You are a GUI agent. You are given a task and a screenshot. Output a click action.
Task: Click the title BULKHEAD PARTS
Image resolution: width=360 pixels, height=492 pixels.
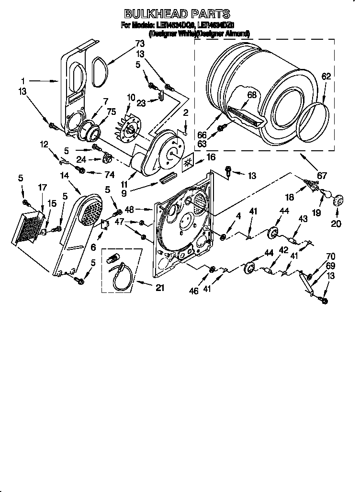point(177,14)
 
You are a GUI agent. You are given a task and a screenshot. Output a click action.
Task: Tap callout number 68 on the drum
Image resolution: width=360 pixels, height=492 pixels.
point(251,95)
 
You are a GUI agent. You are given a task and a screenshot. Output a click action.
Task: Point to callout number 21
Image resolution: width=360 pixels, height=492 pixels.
point(160,288)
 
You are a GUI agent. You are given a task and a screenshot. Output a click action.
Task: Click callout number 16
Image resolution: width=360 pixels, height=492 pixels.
point(210,157)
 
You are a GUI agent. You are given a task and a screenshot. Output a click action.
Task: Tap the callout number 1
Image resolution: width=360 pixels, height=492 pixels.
point(22,81)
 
